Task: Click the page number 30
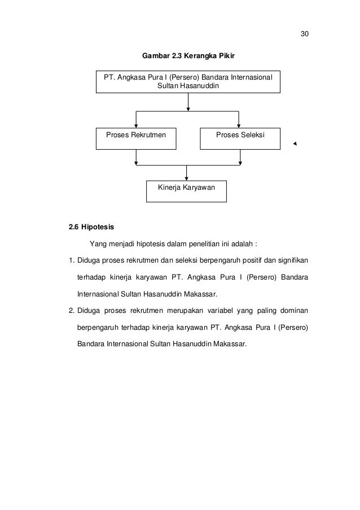(304, 34)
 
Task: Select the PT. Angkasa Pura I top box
(188, 82)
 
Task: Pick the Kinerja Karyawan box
(186, 191)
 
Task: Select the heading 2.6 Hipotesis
(91, 229)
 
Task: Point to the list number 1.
(71, 261)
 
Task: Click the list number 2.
(71, 311)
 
